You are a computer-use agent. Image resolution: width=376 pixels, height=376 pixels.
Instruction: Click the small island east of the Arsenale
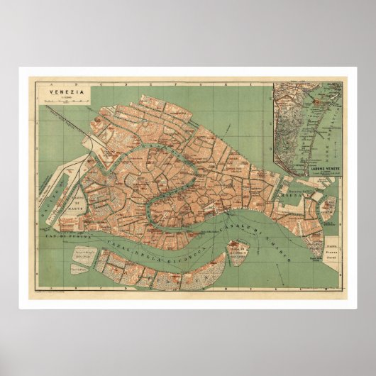pyautogui.click(x=328, y=206)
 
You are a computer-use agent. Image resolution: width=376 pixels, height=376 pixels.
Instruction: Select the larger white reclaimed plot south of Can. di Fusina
pyautogui.click(x=80, y=254)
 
